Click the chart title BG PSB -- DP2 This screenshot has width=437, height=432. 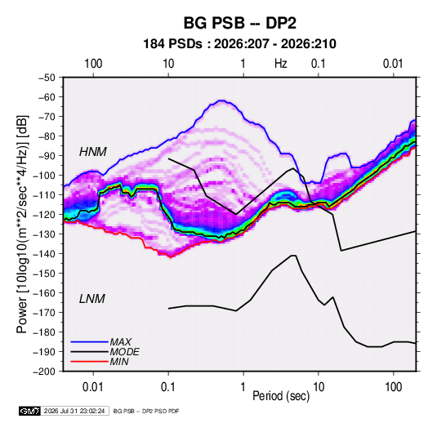pyautogui.click(x=239, y=23)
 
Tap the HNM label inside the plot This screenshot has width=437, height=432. pyautogui.click(x=93, y=152)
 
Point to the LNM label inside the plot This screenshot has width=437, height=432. pyautogui.click(x=92, y=299)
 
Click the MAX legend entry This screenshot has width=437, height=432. pyautogui.click(x=121, y=342)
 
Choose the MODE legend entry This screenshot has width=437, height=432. pyautogui.click(x=125, y=352)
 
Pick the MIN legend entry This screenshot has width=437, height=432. pyautogui.click(x=119, y=362)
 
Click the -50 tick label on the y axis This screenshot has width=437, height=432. pyautogui.click(x=47, y=78)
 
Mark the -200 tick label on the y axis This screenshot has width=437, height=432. pyautogui.click(x=44, y=372)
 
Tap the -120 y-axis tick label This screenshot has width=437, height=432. pyautogui.click(x=44, y=215)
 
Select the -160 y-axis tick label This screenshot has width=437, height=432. pyautogui.click(x=44, y=293)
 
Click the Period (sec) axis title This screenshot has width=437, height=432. pyautogui.click(x=281, y=396)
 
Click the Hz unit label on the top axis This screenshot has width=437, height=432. pyautogui.click(x=281, y=64)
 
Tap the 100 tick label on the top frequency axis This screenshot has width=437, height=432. pyautogui.click(x=93, y=64)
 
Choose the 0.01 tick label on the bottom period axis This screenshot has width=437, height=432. pyautogui.click(x=93, y=387)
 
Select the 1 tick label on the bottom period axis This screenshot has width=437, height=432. pyautogui.click(x=243, y=387)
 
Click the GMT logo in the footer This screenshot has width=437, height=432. pyautogui.click(x=29, y=411)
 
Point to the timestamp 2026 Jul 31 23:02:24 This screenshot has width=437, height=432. pyautogui.click(x=74, y=411)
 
